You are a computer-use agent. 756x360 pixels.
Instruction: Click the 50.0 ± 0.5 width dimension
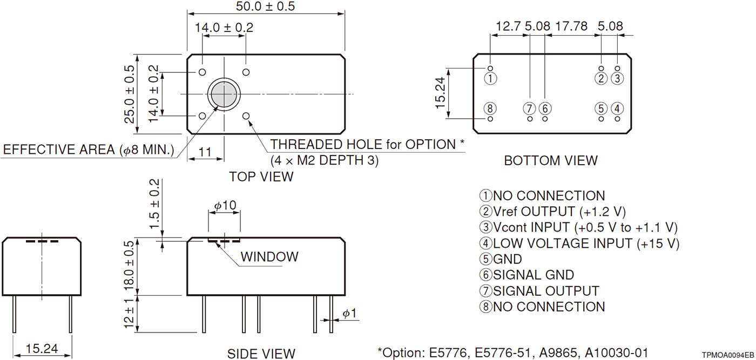(x=266, y=7)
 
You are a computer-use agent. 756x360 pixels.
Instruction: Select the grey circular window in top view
(x=223, y=94)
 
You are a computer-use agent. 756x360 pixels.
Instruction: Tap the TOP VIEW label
(x=261, y=176)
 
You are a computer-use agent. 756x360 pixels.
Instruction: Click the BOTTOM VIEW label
(x=551, y=160)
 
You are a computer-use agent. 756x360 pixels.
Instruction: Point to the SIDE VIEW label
(x=261, y=354)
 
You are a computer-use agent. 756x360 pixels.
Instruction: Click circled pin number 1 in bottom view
(x=490, y=78)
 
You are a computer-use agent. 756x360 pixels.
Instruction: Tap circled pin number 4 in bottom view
(x=618, y=108)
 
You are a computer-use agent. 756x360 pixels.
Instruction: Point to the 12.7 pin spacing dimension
(x=509, y=25)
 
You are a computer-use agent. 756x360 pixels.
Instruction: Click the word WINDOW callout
(x=269, y=256)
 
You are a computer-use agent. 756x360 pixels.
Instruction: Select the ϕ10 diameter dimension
(x=225, y=206)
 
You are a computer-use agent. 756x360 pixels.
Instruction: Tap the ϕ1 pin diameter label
(x=349, y=314)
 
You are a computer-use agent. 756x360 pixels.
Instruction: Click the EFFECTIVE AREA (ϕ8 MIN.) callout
(x=89, y=150)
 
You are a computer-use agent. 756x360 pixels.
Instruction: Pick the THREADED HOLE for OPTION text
(x=367, y=145)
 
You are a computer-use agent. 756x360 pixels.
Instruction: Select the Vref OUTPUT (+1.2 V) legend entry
(x=552, y=212)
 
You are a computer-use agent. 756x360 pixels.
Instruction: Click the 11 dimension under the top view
(x=205, y=152)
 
